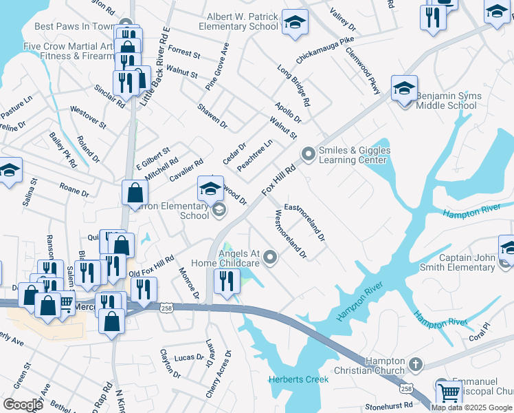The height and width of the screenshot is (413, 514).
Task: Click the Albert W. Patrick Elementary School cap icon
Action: click(x=295, y=23)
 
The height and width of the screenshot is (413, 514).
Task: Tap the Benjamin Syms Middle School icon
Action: click(x=405, y=89)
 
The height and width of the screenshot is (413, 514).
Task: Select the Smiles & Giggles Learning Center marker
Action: click(x=308, y=155)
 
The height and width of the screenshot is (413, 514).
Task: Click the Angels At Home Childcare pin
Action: click(x=271, y=258)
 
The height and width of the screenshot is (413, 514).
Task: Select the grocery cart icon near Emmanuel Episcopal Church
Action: click(x=449, y=393)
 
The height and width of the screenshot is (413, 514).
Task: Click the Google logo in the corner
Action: click(x=23, y=404)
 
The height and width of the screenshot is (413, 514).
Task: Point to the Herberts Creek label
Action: click(x=299, y=379)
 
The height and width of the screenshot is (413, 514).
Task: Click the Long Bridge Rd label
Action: click(x=293, y=86)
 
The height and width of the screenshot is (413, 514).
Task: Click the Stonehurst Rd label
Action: click(x=390, y=406)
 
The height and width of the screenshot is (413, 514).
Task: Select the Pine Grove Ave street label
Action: click(x=216, y=67)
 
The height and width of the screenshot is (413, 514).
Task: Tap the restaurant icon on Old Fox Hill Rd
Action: click(x=144, y=289)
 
